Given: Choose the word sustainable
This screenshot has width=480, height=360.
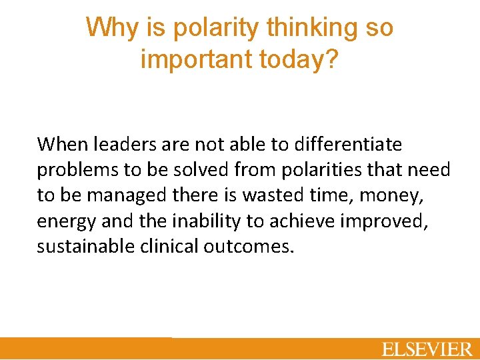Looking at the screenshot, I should pyautogui.click(x=84, y=246).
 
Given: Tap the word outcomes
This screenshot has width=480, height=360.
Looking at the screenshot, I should pyautogui.click(x=248, y=246).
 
